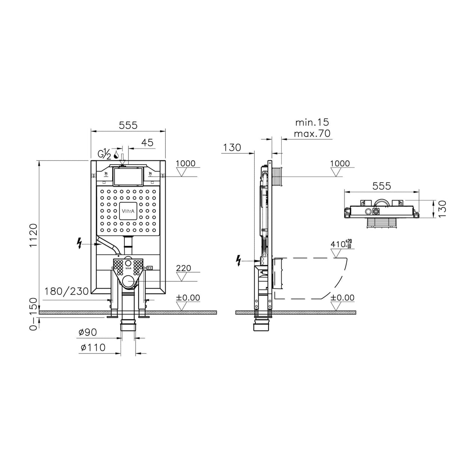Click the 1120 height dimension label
click(33, 235)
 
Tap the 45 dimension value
click(147, 143)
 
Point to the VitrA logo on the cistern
click(128, 211)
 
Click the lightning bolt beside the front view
click(79, 243)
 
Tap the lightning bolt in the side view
click(239, 261)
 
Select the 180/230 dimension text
click(66, 291)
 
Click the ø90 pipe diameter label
click(88, 332)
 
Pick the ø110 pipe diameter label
click(93, 347)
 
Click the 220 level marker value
click(184, 268)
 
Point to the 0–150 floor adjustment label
click(33, 314)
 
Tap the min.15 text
click(312, 122)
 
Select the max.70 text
click(312, 134)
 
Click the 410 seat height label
click(341, 244)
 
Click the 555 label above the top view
click(382, 186)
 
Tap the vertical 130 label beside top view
click(442, 208)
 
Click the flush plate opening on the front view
click(128, 176)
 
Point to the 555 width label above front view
click(128, 125)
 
